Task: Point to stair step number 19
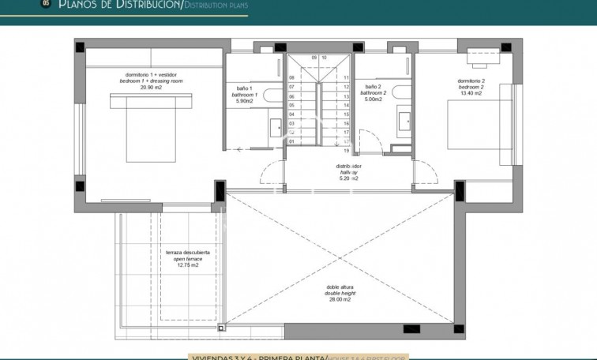pyautogui.click(x=346, y=150)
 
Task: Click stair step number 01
pyautogui.click(x=291, y=142)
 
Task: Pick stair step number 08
pyautogui.click(x=291, y=77)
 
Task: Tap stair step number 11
pyautogui.click(x=346, y=77)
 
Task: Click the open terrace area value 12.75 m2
pyautogui.click(x=182, y=265)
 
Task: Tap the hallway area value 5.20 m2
pyautogui.click(x=349, y=179)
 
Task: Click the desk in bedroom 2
pyautogui.click(x=482, y=54)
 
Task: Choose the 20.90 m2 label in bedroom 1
pyautogui.click(x=151, y=88)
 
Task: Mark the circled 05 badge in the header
pyautogui.click(x=46, y=4)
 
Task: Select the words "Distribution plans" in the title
pyautogui.click(x=215, y=6)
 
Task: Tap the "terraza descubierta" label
pyautogui.click(x=182, y=253)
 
